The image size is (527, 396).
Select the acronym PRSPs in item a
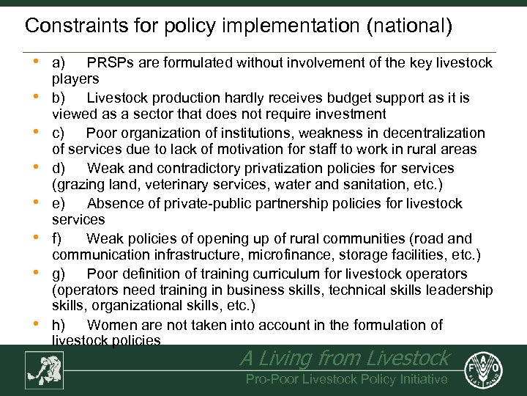(x=108, y=63)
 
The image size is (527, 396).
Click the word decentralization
(x=431, y=133)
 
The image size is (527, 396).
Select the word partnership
(x=296, y=204)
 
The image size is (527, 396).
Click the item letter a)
(x=59, y=63)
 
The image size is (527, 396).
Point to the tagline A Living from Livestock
(x=344, y=358)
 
